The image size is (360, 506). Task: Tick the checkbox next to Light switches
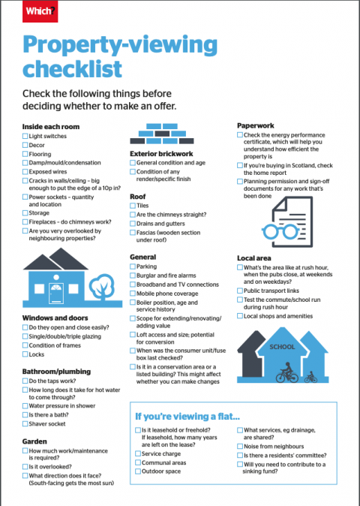point(25,137)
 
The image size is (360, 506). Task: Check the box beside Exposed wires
point(25,171)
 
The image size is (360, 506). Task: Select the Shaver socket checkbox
point(25,424)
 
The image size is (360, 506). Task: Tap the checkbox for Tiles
point(133,205)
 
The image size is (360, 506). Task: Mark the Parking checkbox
point(133,267)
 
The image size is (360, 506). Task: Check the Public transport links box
point(240,291)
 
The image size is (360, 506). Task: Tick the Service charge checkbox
point(137,454)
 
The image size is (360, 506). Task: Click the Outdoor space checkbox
point(137,472)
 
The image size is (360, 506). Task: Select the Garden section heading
point(34,441)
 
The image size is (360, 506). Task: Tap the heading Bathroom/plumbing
point(56,372)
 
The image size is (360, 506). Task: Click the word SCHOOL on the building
point(282,348)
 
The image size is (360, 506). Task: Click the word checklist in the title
point(72,71)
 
